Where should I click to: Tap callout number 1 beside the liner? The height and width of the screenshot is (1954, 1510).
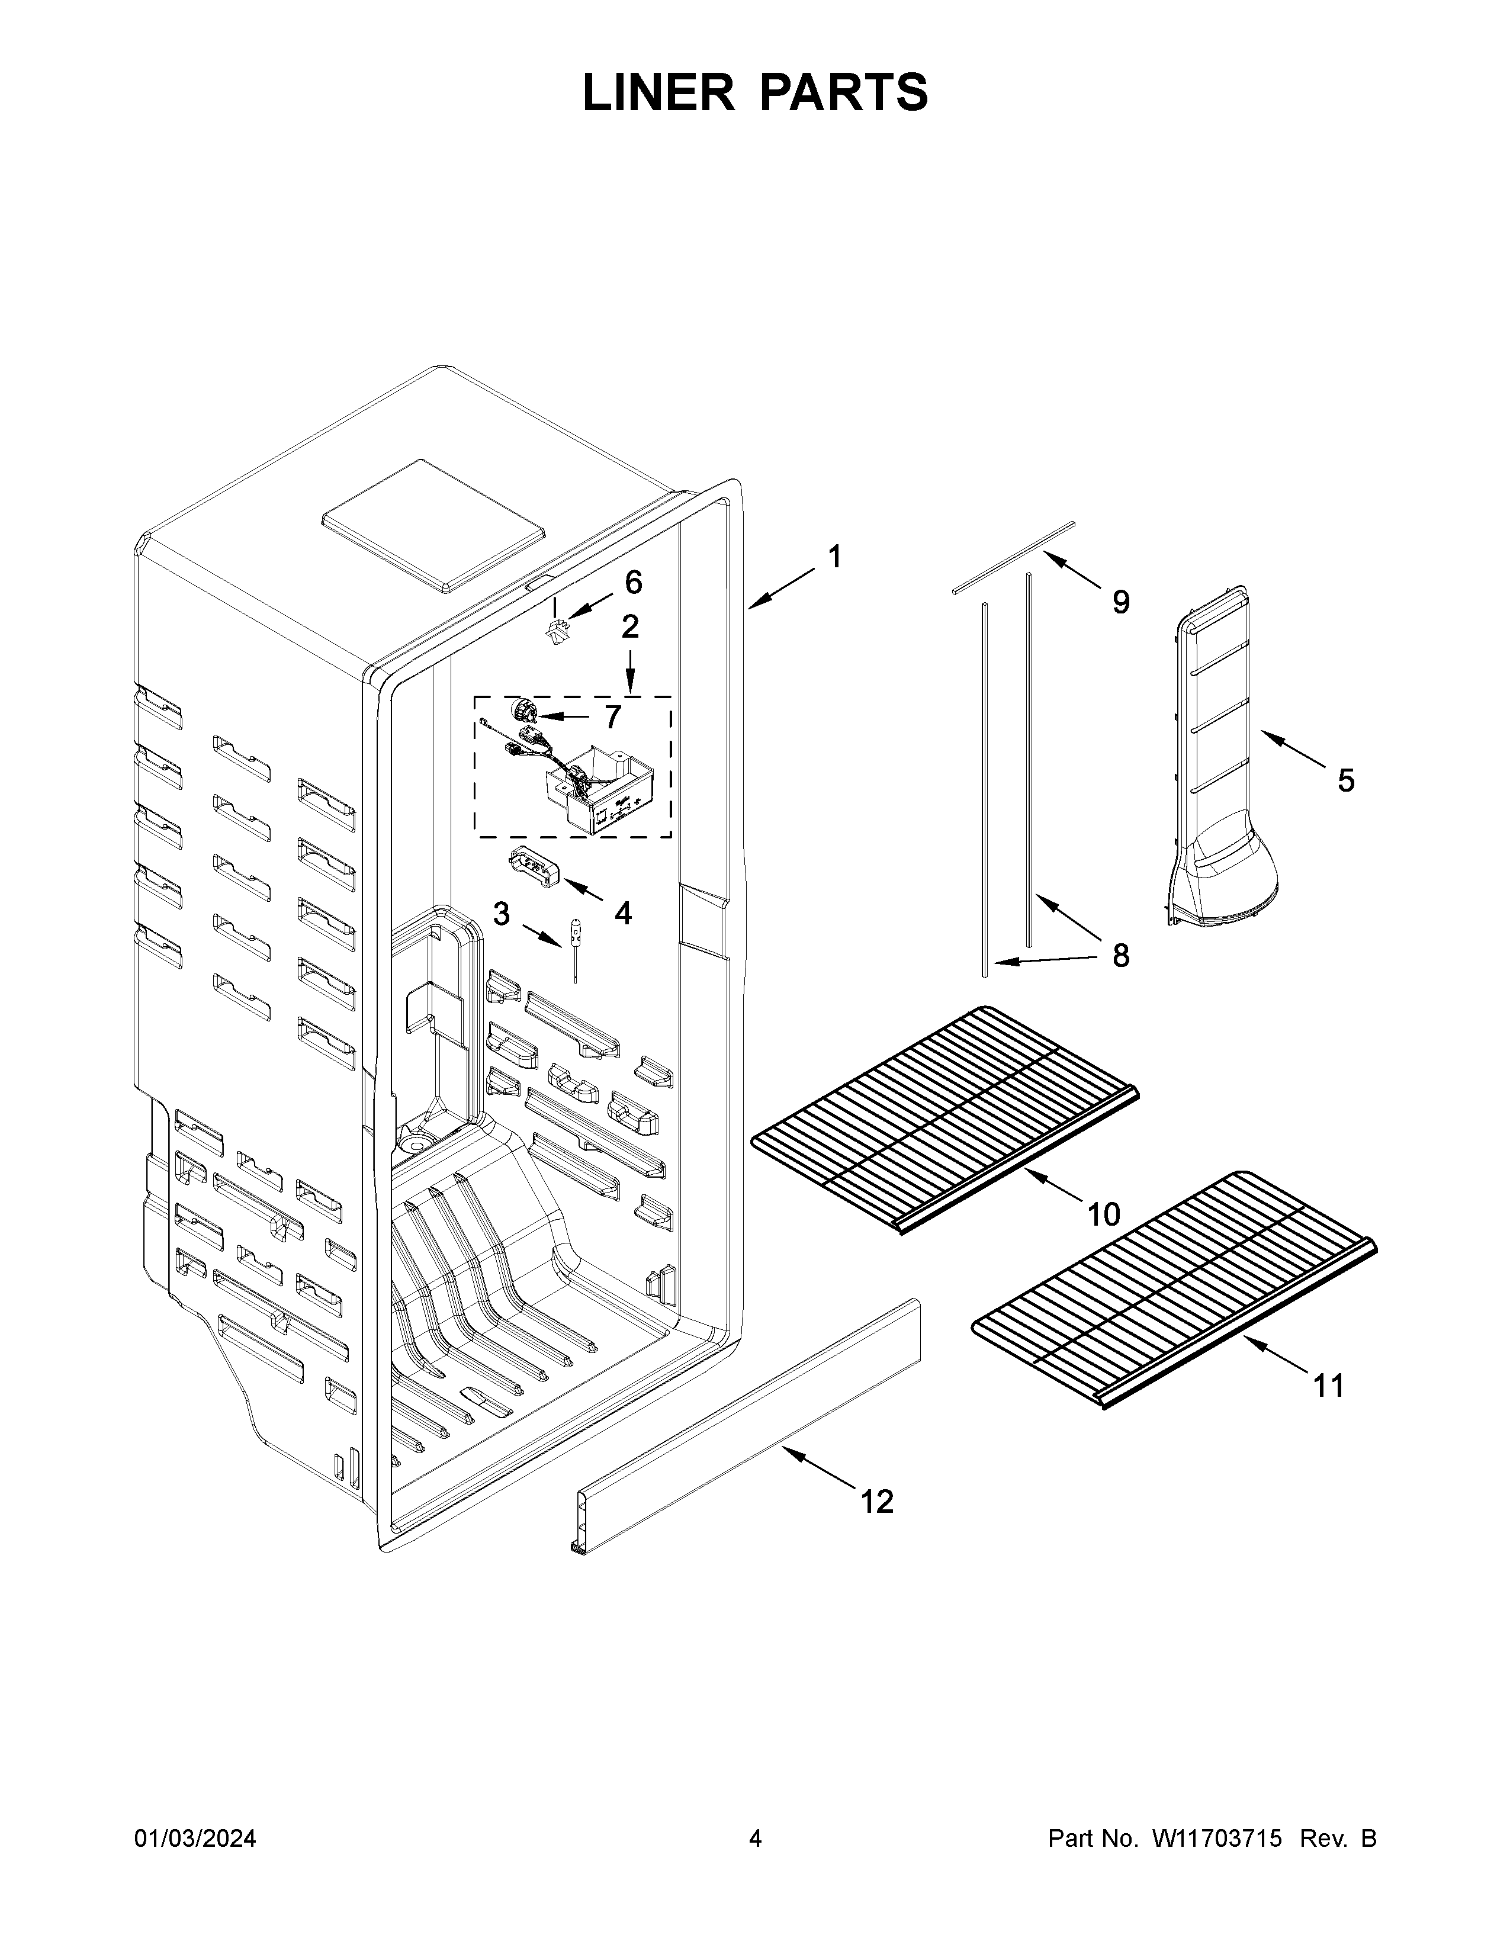click(834, 557)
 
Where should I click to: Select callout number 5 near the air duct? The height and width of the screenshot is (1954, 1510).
click(1345, 781)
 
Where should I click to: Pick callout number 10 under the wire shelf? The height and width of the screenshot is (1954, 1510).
click(1103, 1214)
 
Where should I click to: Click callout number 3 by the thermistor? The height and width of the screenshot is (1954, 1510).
click(501, 914)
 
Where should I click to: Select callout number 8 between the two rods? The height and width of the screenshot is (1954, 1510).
click(1120, 956)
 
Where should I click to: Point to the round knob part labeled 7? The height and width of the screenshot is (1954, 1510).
click(521, 711)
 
